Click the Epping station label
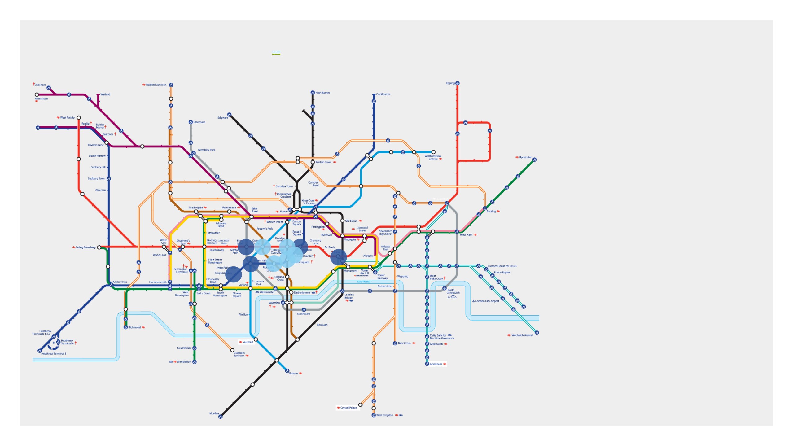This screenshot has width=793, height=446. click(450, 83)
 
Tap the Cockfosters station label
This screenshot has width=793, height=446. click(383, 94)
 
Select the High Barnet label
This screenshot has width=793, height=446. click(322, 93)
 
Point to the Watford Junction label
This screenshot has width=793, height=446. click(156, 85)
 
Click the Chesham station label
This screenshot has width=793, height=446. click(40, 85)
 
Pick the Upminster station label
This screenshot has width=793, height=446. click(525, 157)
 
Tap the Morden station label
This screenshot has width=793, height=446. click(214, 413)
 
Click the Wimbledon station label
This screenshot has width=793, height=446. click(184, 362)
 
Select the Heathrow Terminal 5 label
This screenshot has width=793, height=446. click(54, 354)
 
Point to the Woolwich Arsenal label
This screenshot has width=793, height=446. click(522, 335)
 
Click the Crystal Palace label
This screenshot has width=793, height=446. click(348, 408)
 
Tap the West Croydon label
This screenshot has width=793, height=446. click(384, 415)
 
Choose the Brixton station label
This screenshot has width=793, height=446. click(293, 374)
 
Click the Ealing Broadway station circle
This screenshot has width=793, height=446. click(99, 247)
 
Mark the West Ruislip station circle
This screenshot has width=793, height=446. click(79, 118)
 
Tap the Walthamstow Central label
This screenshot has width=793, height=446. click(432, 157)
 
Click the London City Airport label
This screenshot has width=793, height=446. click(487, 301)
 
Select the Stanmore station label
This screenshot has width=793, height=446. click(199, 122)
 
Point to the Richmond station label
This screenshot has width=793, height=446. click(134, 327)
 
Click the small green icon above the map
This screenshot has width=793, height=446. click(276, 53)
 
